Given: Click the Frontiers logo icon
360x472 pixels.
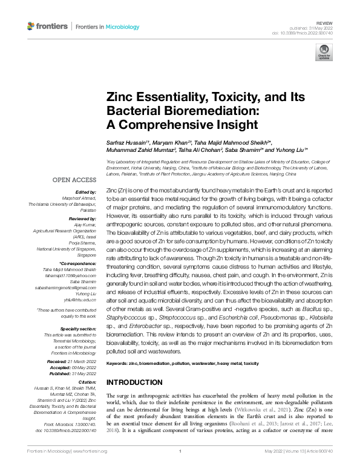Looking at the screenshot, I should (x=31, y=27).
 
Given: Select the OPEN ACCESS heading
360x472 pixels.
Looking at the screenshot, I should (x=74, y=180).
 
